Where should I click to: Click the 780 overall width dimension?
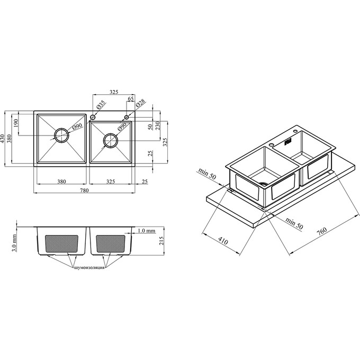click(x=85, y=191)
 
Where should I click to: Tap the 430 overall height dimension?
click(x=3, y=139)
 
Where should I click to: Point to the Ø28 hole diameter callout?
click(x=140, y=103)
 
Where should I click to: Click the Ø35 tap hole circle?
click(x=93, y=118)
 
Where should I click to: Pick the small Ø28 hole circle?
click(x=127, y=118)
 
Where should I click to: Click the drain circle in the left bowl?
click(x=61, y=136)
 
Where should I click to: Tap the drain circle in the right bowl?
click(x=111, y=140)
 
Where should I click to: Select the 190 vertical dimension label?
click(x=15, y=123)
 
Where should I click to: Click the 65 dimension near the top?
click(x=131, y=99)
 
